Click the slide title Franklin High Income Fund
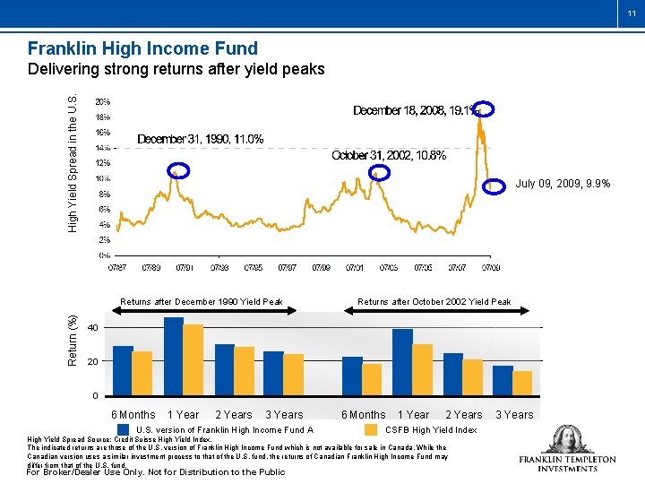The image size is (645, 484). pyautogui.click(x=142, y=49)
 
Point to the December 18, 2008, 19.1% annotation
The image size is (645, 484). pyautogui.click(x=417, y=110)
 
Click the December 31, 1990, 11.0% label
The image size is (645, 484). pyautogui.click(x=200, y=139)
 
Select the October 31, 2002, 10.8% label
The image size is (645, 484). pyautogui.click(x=389, y=155)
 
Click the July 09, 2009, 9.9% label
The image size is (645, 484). pyautogui.click(x=563, y=184)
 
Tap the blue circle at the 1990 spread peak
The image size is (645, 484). pyautogui.click(x=179, y=170)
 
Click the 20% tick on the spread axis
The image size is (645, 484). pyautogui.click(x=104, y=101)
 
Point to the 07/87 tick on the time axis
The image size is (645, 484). pyautogui.click(x=116, y=267)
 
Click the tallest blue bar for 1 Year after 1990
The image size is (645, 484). pyautogui.click(x=174, y=357)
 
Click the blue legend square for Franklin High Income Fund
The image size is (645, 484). pyautogui.click(x=125, y=429)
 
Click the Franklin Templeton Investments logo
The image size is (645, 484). pyautogui.click(x=567, y=449)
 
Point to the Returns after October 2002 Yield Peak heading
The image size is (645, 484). pyautogui.click(x=434, y=302)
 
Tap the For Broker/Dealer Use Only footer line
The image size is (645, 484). pyautogui.click(x=157, y=472)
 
